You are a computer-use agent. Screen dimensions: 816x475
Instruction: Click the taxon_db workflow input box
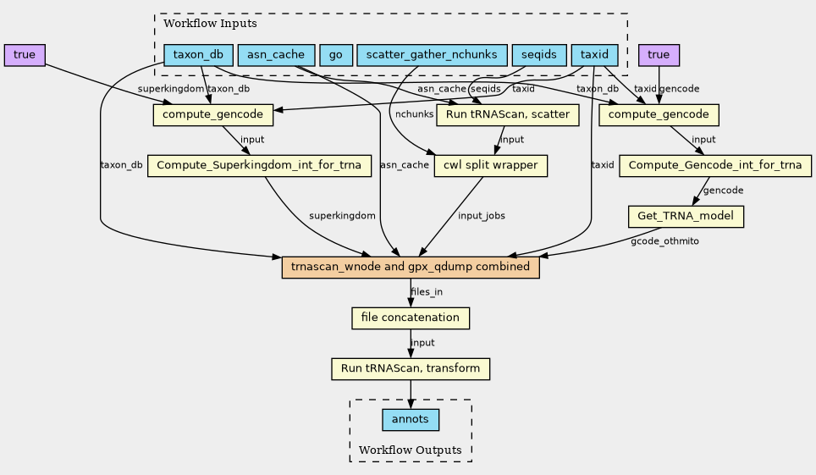click(x=198, y=55)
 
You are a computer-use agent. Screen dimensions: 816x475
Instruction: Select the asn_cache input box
click(x=276, y=55)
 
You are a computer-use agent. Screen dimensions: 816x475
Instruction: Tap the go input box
click(x=336, y=55)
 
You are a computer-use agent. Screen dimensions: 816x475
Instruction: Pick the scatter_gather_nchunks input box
click(x=432, y=55)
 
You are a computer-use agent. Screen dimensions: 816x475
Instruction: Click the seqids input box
click(x=539, y=55)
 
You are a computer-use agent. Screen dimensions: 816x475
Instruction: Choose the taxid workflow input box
click(x=594, y=55)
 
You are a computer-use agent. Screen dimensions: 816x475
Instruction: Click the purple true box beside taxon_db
click(x=25, y=55)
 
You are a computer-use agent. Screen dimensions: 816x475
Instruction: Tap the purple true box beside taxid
click(x=659, y=55)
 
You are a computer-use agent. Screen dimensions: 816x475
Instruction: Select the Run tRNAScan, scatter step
click(x=507, y=115)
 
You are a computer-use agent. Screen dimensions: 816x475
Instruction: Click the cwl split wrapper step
click(x=491, y=166)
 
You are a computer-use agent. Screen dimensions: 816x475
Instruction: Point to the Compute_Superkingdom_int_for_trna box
click(x=259, y=166)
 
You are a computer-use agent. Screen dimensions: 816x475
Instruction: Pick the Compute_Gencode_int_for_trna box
click(x=715, y=166)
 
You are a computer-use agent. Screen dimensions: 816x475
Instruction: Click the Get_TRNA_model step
click(x=686, y=217)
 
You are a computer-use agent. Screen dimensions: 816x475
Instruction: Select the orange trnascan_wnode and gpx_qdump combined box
click(x=411, y=268)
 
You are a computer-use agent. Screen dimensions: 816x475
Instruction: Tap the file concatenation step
click(x=411, y=318)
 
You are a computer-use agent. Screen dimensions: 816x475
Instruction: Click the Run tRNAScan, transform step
click(x=411, y=369)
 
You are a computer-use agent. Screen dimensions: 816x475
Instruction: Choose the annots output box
click(x=411, y=420)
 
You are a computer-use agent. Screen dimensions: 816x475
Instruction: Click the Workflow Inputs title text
click(x=210, y=24)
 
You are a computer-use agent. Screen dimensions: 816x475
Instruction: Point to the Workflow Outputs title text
click(x=410, y=450)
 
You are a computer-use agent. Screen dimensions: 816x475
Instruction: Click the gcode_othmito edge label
click(x=664, y=241)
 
